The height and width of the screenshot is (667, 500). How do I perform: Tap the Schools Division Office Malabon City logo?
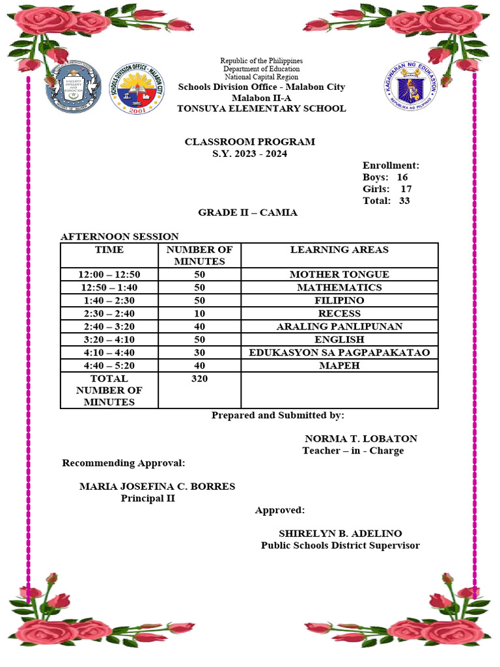[136, 89]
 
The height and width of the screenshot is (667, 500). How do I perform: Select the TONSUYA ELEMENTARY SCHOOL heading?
[261, 109]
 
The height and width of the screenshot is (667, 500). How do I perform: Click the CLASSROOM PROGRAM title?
[249, 141]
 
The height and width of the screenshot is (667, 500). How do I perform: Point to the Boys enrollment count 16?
[402, 177]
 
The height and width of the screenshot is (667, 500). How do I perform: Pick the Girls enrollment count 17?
[406, 189]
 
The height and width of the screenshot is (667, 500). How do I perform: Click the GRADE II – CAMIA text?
[247, 213]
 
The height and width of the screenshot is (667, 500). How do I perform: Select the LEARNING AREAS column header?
[339, 249]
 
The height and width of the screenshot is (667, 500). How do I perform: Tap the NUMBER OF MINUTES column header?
[199, 255]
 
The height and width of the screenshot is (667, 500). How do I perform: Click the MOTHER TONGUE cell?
[339, 274]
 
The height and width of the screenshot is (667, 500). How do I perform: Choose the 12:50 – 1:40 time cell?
[109, 287]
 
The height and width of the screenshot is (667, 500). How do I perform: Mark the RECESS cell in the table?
[339, 313]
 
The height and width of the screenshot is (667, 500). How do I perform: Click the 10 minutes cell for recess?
[199, 313]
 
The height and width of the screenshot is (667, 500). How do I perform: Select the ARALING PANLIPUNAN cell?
[339, 326]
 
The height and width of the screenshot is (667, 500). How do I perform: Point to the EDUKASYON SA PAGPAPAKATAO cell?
[339, 352]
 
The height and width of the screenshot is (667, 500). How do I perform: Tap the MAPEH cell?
[339, 365]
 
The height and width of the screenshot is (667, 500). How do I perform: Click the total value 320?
[199, 378]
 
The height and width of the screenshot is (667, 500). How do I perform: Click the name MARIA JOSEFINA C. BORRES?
[157, 487]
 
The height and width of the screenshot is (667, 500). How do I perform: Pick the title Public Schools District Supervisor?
[340, 545]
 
